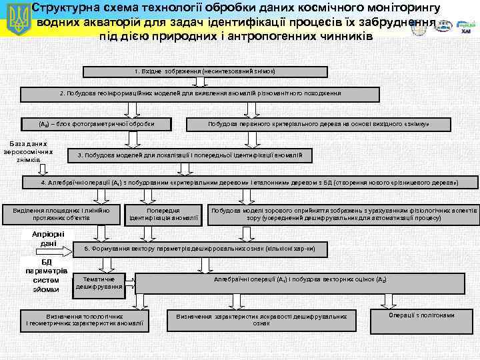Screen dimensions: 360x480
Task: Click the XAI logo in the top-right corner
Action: (465, 27)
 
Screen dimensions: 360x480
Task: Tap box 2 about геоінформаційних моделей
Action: (201, 94)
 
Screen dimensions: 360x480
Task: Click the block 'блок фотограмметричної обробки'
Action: (97, 123)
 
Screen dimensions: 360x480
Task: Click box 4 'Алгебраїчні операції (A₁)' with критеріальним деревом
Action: (249, 182)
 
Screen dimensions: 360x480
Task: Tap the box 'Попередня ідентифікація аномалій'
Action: (163, 213)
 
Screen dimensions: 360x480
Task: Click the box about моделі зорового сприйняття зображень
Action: (344, 213)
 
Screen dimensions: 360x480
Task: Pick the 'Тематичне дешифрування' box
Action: (99, 282)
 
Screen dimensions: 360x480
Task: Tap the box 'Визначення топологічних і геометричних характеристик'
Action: (84, 319)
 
